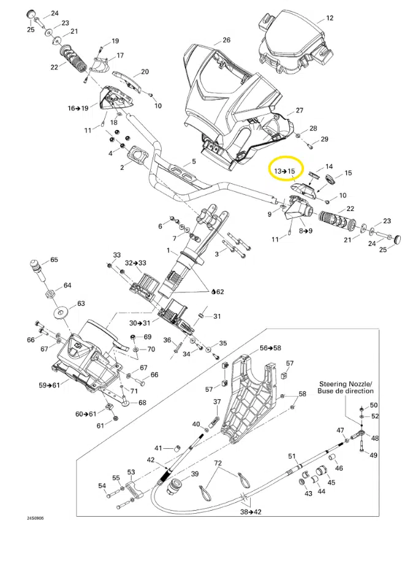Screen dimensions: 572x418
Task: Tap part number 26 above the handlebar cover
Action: pos(227,40)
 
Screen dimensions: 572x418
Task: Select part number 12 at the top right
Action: pos(330,18)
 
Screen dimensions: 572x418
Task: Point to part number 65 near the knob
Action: pos(54,260)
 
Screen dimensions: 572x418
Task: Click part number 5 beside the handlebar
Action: pos(194,162)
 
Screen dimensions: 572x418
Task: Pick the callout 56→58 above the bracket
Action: pos(270,348)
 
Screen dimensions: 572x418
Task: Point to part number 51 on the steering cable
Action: pos(292,456)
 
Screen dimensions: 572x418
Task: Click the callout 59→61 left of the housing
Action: pos(48,386)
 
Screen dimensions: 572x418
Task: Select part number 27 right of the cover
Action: pos(299,110)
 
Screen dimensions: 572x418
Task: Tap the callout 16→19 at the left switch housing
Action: pos(78,108)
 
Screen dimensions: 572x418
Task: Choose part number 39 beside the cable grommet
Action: pos(195,474)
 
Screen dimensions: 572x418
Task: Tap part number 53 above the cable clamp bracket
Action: pos(131,471)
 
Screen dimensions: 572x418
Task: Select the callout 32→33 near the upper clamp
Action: pos(136,262)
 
